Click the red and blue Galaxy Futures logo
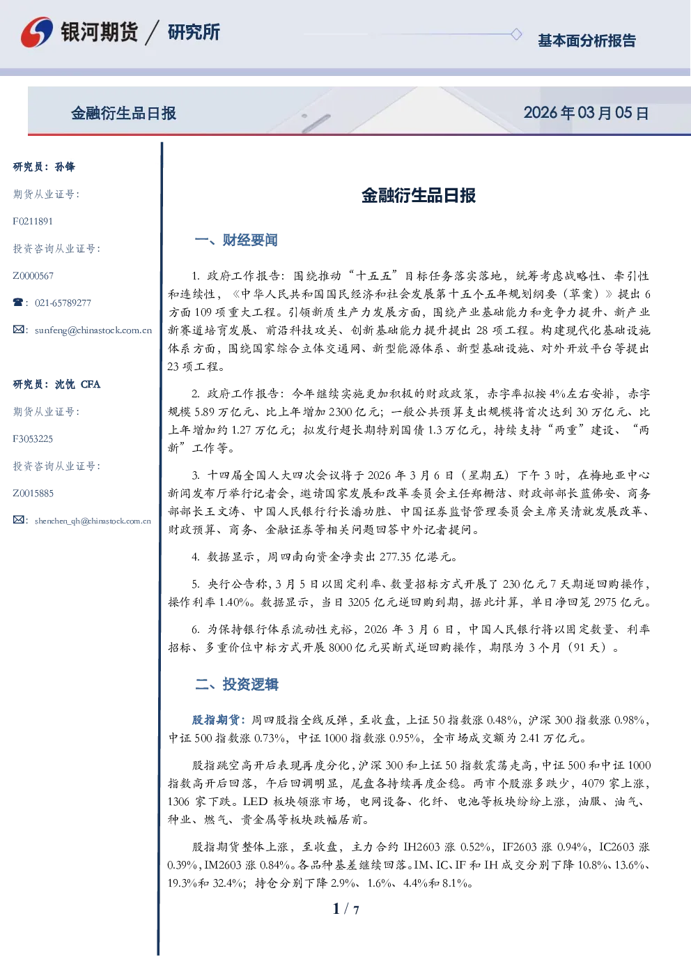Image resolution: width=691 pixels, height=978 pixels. coord(37,32)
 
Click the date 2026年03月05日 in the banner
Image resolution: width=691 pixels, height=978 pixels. coord(586,113)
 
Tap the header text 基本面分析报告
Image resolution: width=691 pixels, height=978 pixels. coord(587,40)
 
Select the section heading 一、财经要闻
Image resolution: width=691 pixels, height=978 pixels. coord(236,240)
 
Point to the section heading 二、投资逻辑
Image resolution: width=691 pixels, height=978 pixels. coord(236,684)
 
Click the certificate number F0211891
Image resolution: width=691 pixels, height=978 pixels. coord(33,222)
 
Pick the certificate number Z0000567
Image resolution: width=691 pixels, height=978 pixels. coord(33,276)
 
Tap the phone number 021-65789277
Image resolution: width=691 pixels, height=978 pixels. coord(63,303)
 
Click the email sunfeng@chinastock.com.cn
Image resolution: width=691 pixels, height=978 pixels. coord(93,330)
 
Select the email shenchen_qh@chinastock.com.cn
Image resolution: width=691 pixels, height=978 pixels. coord(93,521)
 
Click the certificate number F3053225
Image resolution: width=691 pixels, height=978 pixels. coord(33,439)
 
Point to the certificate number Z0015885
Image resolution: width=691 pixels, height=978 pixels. coord(33,494)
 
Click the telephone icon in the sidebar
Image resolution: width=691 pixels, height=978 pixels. coord(18,303)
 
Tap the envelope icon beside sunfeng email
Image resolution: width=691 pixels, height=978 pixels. coord(18,330)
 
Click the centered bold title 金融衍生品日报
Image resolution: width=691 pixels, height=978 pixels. coord(419,196)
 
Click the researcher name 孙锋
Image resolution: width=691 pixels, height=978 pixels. coord(65,167)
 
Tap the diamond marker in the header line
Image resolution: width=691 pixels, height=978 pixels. coord(516,34)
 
